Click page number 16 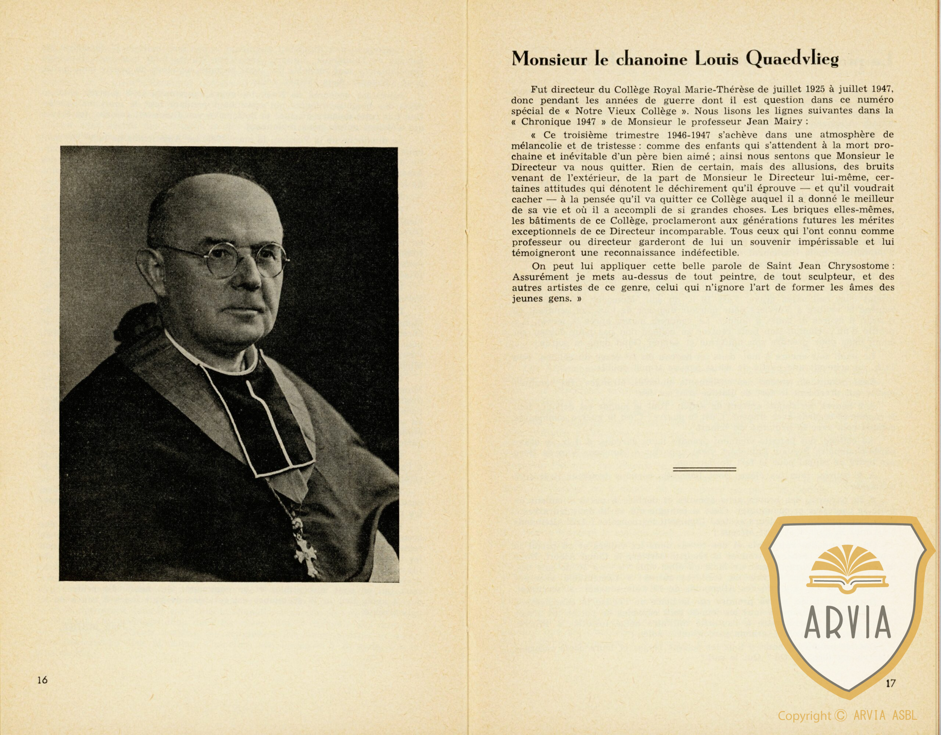(x=42, y=680)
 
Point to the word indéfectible (x=679, y=252)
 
